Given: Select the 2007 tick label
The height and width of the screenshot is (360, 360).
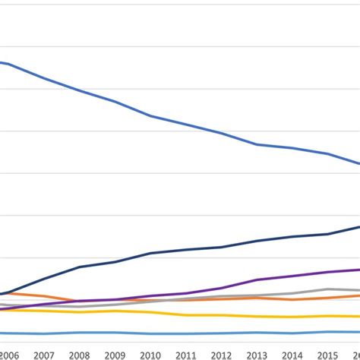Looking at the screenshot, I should tap(43, 355).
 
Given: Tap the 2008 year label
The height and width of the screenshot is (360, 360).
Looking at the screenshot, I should tap(79, 355).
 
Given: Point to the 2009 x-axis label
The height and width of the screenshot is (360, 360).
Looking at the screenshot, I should tap(115, 355).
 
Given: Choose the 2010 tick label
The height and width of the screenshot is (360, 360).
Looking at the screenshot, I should tap(150, 355).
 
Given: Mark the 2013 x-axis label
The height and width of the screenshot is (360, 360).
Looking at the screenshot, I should tap(257, 355).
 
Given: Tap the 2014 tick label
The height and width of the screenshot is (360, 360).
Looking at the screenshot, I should tap(292, 355).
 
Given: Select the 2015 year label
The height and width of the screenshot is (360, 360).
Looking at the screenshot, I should tap(328, 355).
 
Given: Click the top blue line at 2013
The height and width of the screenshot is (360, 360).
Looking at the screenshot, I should tap(257, 144).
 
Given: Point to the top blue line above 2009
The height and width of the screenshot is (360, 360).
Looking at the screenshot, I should tap(115, 102).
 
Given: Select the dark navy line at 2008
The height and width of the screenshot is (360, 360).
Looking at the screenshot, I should tap(79, 267).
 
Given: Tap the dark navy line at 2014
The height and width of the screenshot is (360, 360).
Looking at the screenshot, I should tap(292, 237).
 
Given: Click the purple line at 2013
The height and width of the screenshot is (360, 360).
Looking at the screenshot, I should tap(257, 280).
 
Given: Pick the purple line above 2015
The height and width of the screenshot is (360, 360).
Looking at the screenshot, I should tap(328, 272).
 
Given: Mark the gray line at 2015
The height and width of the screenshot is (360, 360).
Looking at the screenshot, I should tap(328, 289).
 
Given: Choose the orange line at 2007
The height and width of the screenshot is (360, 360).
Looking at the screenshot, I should tap(43, 296).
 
